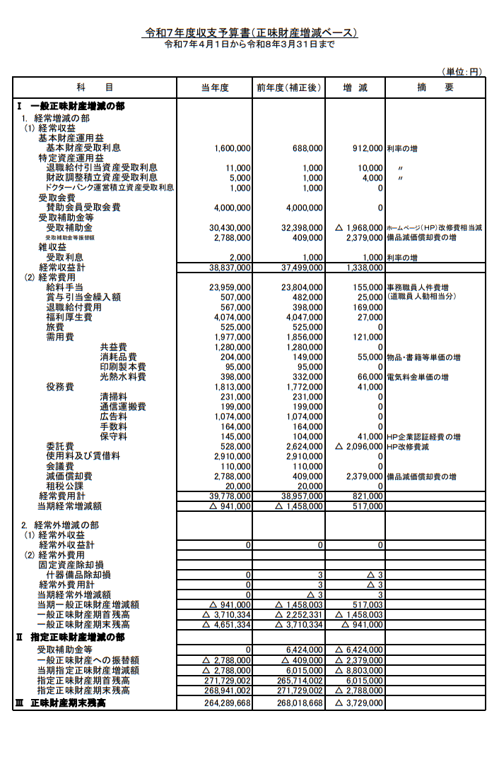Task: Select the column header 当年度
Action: tap(215, 88)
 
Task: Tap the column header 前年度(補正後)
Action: tap(289, 88)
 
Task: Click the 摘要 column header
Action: tap(435, 88)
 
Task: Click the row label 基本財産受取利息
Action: tap(83, 148)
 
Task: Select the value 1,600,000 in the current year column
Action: tap(232, 148)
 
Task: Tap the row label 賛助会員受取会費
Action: tap(83, 208)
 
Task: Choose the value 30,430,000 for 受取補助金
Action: tap(230, 228)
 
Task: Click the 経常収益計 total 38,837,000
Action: tap(230, 268)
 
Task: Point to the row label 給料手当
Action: tap(65, 287)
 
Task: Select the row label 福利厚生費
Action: tap(69, 317)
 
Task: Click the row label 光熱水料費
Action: tap(123, 377)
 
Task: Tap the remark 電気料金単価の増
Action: tap(417, 377)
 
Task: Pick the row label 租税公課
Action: tap(65, 486)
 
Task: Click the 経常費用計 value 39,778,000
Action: tap(230, 496)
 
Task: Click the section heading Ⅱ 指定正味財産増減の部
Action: tap(71, 637)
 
